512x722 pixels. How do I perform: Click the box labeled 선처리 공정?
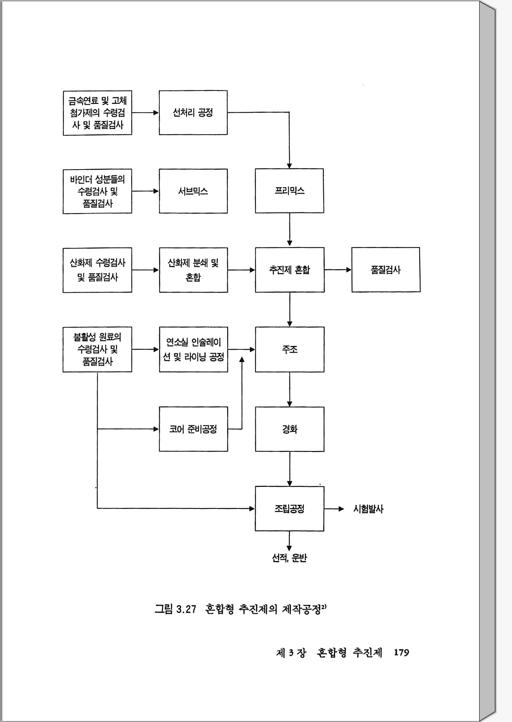pyautogui.click(x=193, y=113)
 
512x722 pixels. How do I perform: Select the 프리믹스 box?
pyautogui.click(x=289, y=191)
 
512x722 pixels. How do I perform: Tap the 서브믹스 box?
pyautogui.click(x=193, y=191)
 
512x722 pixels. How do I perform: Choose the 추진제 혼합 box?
pyautogui.click(x=289, y=270)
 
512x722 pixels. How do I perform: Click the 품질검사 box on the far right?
pyautogui.click(x=386, y=270)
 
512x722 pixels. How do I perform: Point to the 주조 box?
pyautogui.click(x=289, y=349)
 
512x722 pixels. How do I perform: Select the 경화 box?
pyautogui.click(x=289, y=429)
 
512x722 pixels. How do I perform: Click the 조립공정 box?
pyautogui.click(x=289, y=509)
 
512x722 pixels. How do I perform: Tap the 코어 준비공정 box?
pyautogui.click(x=193, y=429)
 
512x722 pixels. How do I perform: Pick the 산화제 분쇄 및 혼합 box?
pyautogui.click(x=193, y=270)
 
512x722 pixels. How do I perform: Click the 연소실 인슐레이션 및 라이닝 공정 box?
pyautogui.click(x=193, y=349)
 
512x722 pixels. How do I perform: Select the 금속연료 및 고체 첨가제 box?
pyautogui.click(x=97, y=113)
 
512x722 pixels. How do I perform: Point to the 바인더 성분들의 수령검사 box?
pyautogui.click(x=97, y=191)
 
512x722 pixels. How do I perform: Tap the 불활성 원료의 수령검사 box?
pyautogui.click(x=97, y=349)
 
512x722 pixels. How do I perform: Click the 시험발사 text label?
pyautogui.click(x=368, y=509)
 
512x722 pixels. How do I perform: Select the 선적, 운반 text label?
pyautogui.click(x=289, y=558)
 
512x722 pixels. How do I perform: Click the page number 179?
pyautogui.click(x=401, y=652)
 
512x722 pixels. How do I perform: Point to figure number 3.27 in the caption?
pyautogui.click(x=186, y=609)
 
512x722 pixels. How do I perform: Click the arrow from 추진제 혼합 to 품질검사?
pyautogui.click(x=338, y=270)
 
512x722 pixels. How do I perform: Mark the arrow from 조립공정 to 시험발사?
pyautogui.click(x=334, y=509)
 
